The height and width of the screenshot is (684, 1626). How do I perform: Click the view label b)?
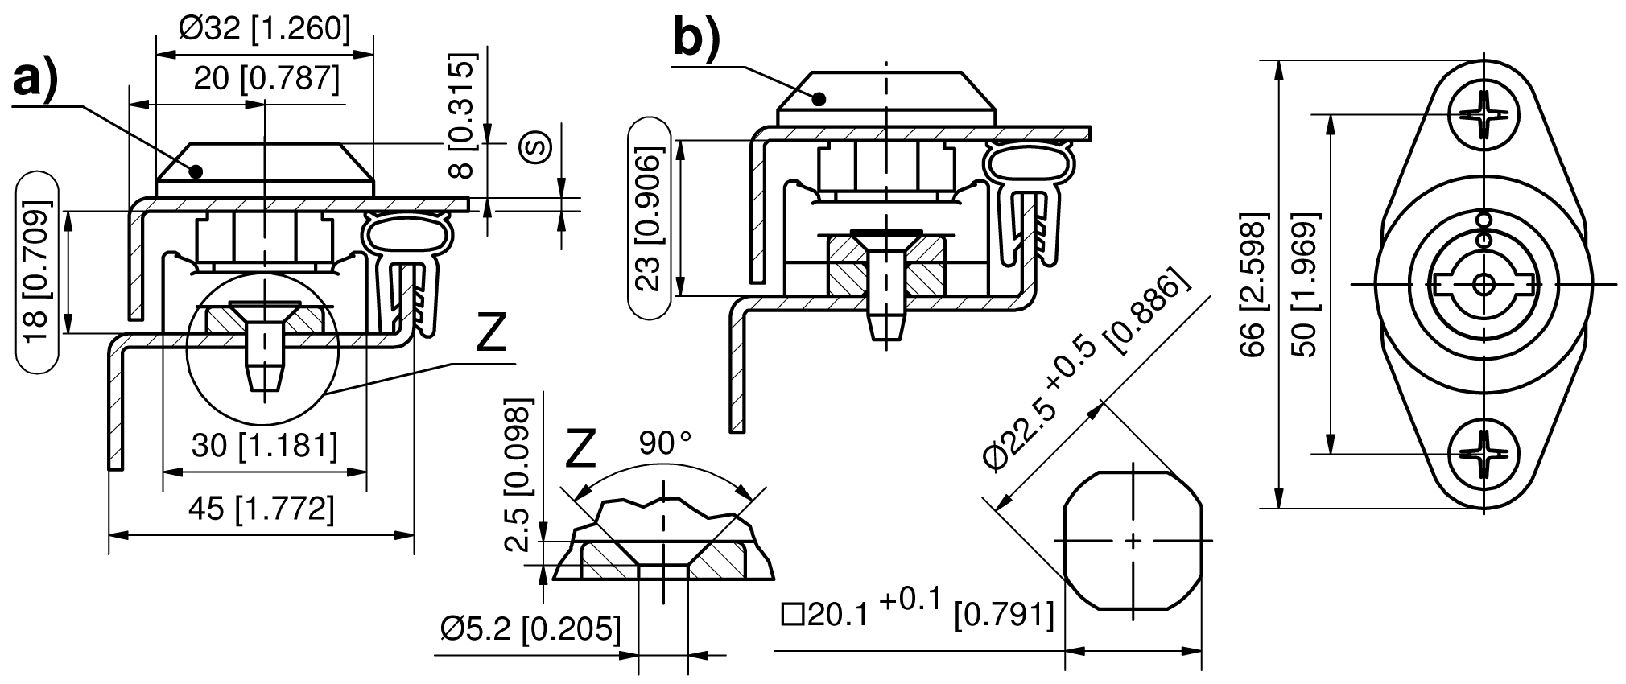pos(697,38)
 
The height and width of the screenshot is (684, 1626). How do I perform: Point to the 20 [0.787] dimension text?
pos(266,79)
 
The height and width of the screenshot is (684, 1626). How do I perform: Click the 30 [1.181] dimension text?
pos(264,444)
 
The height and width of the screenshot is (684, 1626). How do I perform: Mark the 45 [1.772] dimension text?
pos(261,509)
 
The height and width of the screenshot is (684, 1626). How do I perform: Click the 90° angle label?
pos(665,443)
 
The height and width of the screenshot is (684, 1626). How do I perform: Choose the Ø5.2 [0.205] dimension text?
pos(530,628)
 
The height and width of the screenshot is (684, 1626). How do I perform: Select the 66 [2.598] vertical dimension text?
pos(1253,286)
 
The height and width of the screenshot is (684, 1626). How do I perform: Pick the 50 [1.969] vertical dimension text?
pos(1302,286)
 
